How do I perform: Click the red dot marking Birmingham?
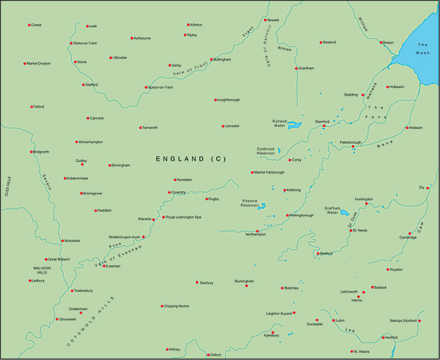(x=110, y=165)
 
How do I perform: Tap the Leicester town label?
(x=233, y=126)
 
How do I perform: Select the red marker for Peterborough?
(x=353, y=147)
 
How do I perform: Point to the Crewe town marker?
(x=29, y=25)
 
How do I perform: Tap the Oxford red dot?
(x=208, y=354)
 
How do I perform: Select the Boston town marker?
(x=381, y=42)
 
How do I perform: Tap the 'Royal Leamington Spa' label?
(x=183, y=217)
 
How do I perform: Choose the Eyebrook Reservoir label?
(x=270, y=152)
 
